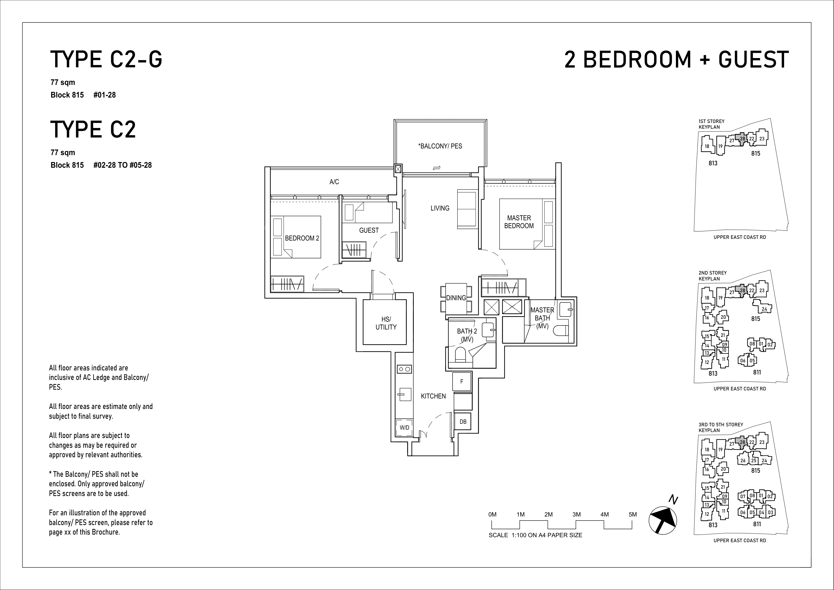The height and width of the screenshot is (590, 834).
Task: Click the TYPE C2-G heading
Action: tap(106, 60)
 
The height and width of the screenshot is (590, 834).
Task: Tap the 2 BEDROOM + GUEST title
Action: tap(677, 60)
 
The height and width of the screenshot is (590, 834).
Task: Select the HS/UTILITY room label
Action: tap(386, 323)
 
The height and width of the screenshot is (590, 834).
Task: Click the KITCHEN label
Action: tap(433, 396)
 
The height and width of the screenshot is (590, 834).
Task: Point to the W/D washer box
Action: tap(404, 428)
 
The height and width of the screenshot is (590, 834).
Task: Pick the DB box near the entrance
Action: tap(463, 422)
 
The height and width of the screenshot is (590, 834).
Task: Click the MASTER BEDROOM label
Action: tap(519, 222)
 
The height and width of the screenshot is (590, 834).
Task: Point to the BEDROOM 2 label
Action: tap(302, 238)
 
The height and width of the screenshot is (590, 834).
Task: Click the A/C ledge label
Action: tap(334, 182)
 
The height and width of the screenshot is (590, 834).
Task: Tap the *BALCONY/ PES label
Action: tap(440, 146)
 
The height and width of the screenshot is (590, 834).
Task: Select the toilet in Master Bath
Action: tap(561, 330)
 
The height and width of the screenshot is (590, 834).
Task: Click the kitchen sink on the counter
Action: tap(404, 394)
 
